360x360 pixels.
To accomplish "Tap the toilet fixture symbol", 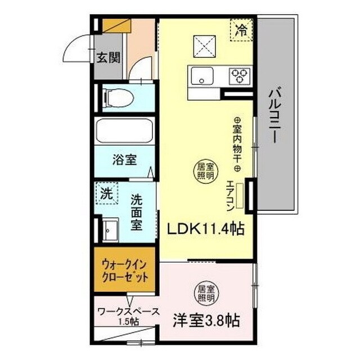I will point(119,99).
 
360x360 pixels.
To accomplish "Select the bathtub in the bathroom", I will point(124,132).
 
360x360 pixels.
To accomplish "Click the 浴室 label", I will point(124,159).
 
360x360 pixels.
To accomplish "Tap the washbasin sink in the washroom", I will point(110,230).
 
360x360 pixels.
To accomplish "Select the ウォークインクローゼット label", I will point(125,271).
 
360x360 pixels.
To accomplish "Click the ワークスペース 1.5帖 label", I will point(128,315).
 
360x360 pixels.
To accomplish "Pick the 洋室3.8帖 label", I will point(206,321).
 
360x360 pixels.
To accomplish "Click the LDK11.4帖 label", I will point(204,229).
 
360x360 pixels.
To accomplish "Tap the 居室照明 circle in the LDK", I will point(205,170).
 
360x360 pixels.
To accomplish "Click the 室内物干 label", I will point(237,145).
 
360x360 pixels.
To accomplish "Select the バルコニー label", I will point(275,116).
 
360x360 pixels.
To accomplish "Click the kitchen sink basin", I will point(200,75).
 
